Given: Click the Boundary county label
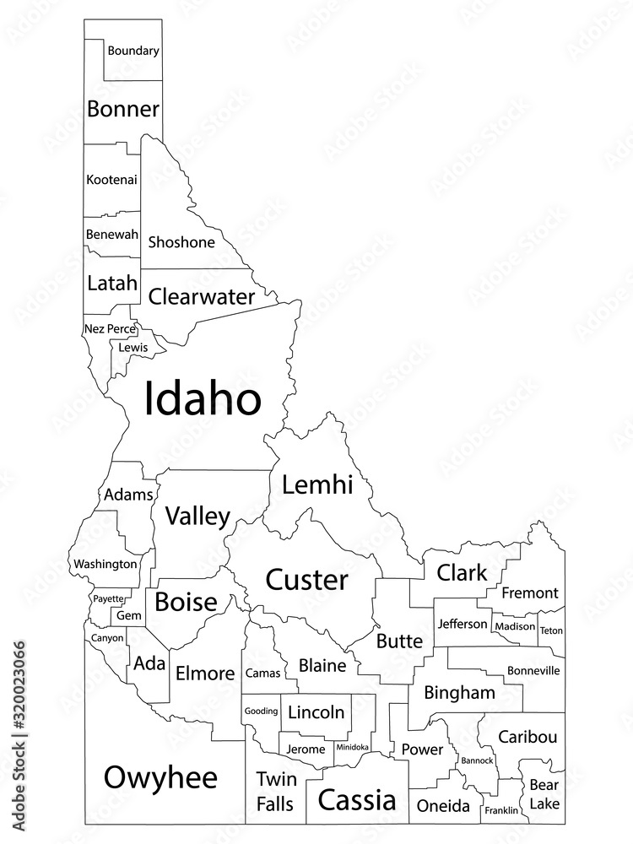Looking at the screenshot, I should click(x=133, y=51).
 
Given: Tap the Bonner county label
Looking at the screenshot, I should click(x=123, y=109).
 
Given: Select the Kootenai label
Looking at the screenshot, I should click(x=111, y=180).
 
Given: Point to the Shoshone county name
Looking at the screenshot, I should click(x=181, y=242).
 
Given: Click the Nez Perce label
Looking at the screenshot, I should click(x=110, y=328).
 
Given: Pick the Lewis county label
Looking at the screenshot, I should click(x=133, y=347).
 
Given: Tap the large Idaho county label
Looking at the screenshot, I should click(x=203, y=398).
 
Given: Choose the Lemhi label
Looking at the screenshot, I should click(x=316, y=485).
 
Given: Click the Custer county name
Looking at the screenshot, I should click(x=306, y=580).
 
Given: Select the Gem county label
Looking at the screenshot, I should click(x=129, y=616).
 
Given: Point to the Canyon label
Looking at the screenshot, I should click(x=106, y=638).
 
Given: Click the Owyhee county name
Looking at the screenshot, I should click(x=160, y=777).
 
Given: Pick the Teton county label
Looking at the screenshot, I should click(x=551, y=630).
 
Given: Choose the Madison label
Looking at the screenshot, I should click(x=515, y=626).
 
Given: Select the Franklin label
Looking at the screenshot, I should click(x=501, y=811).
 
